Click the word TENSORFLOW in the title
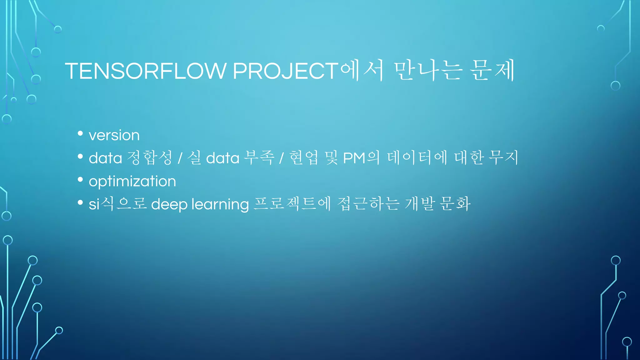pos(145,71)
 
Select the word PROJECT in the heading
pos(285,71)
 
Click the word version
pos(114,135)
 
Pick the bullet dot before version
pos(80,133)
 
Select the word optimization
pos(132,181)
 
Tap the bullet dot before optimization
pos(80,179)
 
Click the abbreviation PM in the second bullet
pos(354,158)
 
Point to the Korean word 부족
pos(259,157)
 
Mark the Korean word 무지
pos(503,157)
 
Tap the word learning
pos(220,205)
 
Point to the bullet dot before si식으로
pos(80,202)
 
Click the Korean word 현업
pos(304,157)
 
